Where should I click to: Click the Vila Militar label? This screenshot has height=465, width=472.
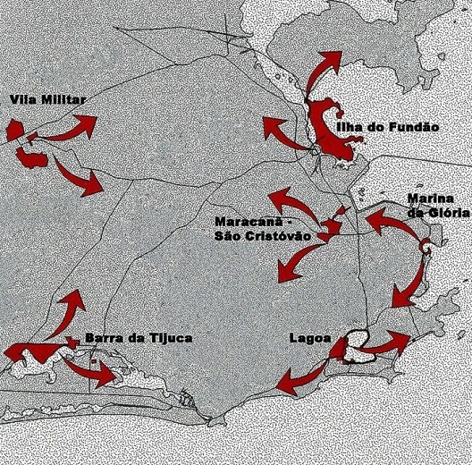point(46,99)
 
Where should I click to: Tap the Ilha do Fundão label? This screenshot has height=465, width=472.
point(388,129)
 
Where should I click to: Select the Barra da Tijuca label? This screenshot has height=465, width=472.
point(138,338)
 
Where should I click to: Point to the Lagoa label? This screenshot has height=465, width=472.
point(310,339)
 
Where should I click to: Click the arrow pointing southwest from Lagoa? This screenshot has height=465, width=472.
point(299,376)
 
